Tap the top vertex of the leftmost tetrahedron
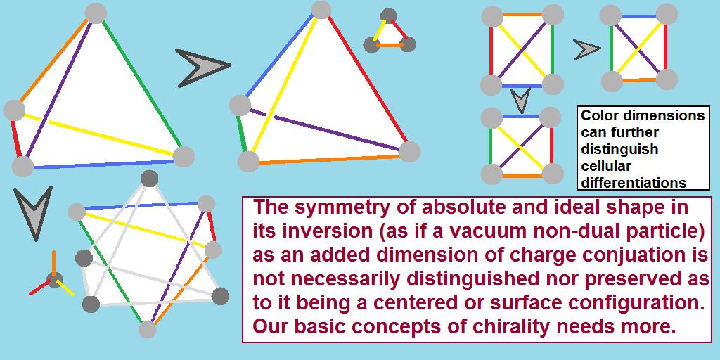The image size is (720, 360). (x=95, y=13)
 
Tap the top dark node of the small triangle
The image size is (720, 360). (x=387, y=15)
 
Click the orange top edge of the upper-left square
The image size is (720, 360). (x=522, y=14)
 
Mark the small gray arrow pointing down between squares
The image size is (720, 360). (x=521, y=101)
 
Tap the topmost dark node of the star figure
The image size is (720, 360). (x=148, y=179)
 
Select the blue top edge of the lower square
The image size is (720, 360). (x=521, y=116)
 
